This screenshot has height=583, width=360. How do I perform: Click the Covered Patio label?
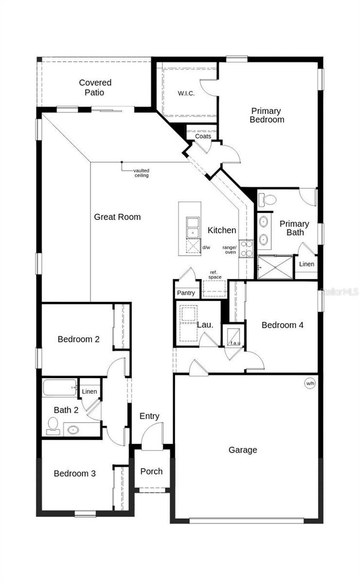(x=95, y=88)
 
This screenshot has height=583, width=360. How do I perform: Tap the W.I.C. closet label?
(x=186, y=94)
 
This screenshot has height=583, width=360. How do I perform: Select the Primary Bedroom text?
(x=266, y=115)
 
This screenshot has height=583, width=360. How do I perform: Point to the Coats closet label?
(x=203, y=136)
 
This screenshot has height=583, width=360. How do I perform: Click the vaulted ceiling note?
(x=141, y=173)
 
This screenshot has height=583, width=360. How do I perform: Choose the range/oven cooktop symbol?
(x=246, y=248)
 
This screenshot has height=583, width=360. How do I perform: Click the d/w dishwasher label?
(x=206, y=248)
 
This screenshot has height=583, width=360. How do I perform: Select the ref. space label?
(x=214, y=275)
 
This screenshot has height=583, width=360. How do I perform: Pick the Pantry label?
(x=186, y=293)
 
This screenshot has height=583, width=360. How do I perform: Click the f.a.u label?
(x=235, y=343)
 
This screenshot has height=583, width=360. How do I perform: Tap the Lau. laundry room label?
(x=205, y=325)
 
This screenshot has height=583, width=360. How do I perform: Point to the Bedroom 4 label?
(x=282, y=325)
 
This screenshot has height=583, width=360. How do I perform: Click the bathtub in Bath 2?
(x=60, y=388)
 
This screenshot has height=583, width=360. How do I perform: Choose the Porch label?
(x=152, y=472)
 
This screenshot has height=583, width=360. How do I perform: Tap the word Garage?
(x=243, y=450)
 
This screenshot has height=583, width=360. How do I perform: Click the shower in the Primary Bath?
(x=275, y=267)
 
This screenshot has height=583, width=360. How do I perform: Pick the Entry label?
(x=149, y=416)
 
